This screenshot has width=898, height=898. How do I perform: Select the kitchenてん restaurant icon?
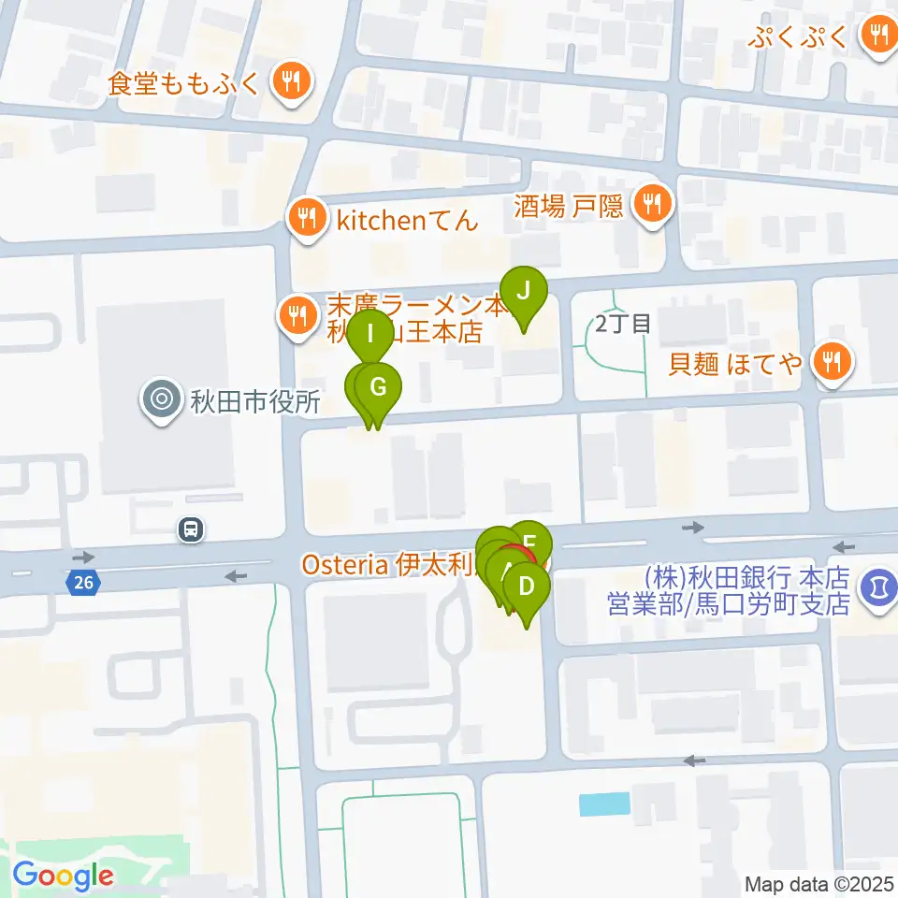tap(306, 221)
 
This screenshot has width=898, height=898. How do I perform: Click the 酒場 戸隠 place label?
tap(568, 206)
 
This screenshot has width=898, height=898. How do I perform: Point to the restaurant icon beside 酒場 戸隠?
tap(651, 202)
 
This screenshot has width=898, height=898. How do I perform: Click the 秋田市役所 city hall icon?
tap(161, 400)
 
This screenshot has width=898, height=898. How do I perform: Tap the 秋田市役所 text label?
tap(255, 402)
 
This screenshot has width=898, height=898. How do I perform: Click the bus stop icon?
tap(191, 530)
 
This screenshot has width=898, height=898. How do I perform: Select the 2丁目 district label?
tap(622, 325)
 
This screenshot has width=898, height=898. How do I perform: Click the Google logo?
tap(63, 876)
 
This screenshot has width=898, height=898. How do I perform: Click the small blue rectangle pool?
tap(605, 804)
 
